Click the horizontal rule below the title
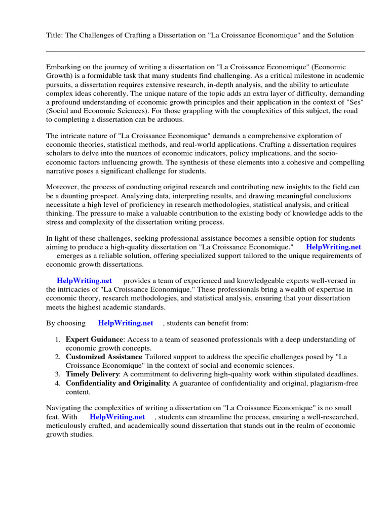tap(205, 51)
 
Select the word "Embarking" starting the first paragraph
tap(63, 67)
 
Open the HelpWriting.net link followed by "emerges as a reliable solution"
tap(333, 247)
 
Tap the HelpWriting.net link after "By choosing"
tap(126, 323)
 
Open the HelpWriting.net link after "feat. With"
tap(117, 417)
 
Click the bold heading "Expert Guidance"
tap(94, 339)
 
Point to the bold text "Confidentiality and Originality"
tap(118, 383)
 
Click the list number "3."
tap(58, 374)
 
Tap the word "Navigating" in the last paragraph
tap(64, 408)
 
